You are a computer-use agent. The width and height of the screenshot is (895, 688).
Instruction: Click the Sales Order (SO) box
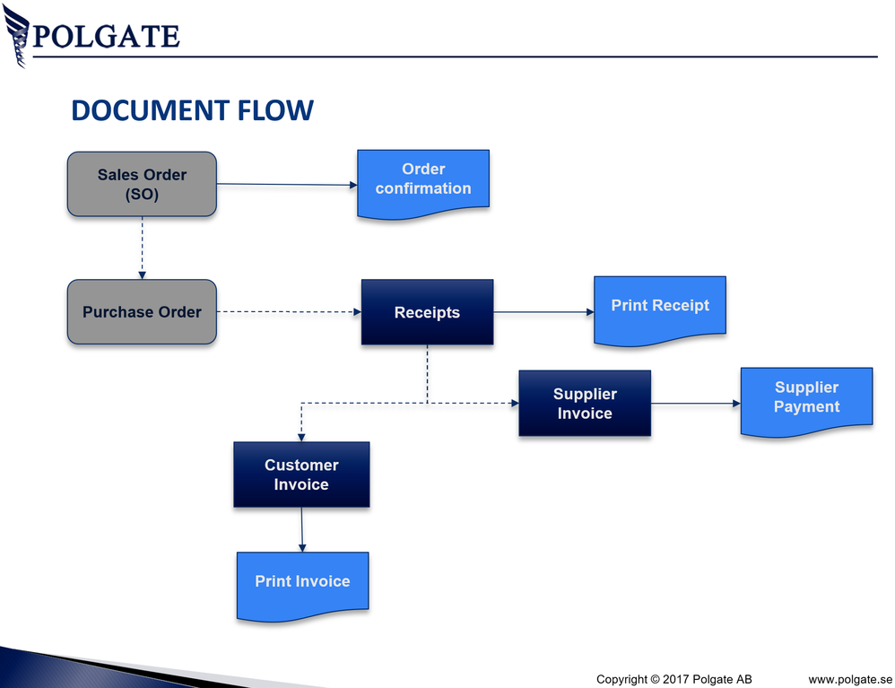pos(142,184)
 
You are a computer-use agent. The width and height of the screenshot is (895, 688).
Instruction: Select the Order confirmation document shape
pos(423,181)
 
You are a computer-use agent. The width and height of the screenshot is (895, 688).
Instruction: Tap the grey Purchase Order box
pos(142,312)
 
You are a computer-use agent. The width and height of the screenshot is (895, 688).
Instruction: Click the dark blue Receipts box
pos(427,312)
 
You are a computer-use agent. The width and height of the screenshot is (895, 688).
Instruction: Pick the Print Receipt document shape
pos(660,309)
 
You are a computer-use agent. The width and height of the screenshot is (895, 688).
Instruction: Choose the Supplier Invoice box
pos(585,404)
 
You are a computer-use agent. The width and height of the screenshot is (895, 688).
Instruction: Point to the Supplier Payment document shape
pos(806,399)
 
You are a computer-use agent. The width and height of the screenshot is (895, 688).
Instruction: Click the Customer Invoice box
pos(301,475)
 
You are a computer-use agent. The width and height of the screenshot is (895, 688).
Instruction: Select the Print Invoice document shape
pos(302,583)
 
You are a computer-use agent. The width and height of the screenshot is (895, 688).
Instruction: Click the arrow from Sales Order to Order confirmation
pos(287,185)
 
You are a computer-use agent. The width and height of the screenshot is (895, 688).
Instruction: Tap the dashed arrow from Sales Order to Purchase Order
pos(142,248)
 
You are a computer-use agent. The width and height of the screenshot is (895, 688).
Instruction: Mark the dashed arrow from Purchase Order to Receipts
pos(289,312)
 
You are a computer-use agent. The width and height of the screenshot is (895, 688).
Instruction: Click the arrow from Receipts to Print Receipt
pos(543,312)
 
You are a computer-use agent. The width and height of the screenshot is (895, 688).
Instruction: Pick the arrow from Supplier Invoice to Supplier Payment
pos(696,404)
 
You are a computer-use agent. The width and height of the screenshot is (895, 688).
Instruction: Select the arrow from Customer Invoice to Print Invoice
pos(302,530)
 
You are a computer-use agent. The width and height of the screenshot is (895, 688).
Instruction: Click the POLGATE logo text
pos(106,37)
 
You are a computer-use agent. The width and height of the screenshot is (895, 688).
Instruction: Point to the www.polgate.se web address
pos(850,678)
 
